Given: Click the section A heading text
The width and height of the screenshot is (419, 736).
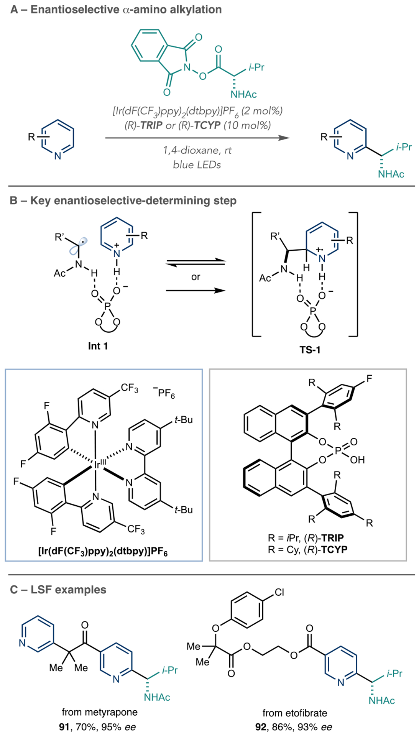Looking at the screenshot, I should click(x=116, y=10).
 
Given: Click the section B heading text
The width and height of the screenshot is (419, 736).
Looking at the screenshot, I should click(x=123, y=200).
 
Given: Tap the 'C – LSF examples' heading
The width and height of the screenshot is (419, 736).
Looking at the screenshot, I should click(x=58, y=589).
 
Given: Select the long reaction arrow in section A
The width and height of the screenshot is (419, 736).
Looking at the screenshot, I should click(x=197, y=138).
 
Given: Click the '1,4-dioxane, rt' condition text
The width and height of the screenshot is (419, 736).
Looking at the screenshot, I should click(x=197, y=150).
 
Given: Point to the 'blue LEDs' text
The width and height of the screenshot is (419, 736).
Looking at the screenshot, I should click(x=197, y=165).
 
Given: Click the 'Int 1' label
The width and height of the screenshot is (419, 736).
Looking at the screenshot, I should click(x=98, y=346).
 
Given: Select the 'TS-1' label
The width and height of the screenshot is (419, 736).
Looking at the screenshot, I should click(x=310, y=350).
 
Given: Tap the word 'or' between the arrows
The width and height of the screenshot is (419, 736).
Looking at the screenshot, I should click(x=196, y=277).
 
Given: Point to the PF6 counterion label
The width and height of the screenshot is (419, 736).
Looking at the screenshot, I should click(x=164, y=393).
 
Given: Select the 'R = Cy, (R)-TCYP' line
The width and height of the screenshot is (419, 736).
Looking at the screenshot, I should click(x=307, y=549).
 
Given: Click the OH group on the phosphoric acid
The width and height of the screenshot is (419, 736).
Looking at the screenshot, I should click(x=357, y=459).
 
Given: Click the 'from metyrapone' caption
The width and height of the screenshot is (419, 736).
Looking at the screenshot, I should click(x=100, y=712).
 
